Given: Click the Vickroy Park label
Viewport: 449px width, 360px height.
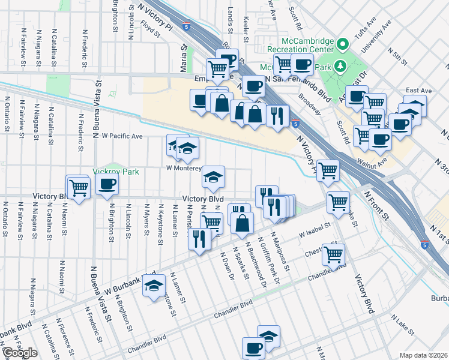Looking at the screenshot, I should (116, 172).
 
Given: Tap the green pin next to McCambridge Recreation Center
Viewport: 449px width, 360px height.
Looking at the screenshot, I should (342, 44).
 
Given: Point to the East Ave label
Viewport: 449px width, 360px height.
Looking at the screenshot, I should (418, 91).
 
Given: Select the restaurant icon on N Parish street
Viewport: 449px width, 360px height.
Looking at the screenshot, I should (199, 240).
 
